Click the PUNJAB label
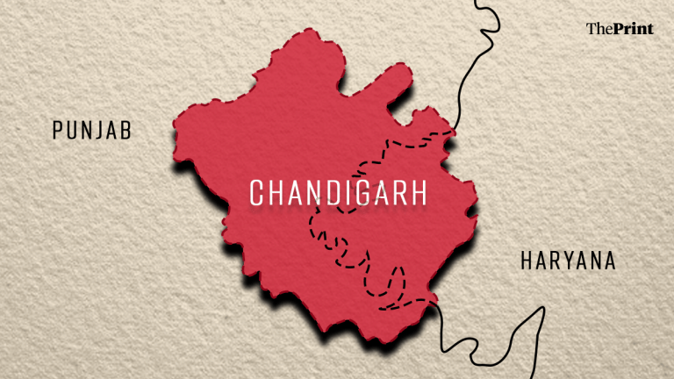point(91,132)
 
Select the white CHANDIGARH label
point(338,193)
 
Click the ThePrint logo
point(620,29)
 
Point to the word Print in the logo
point(632,29)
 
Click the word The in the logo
point(599,29)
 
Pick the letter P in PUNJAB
point(58,132)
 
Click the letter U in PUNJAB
point(71,132)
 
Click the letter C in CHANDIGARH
point(257,193)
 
